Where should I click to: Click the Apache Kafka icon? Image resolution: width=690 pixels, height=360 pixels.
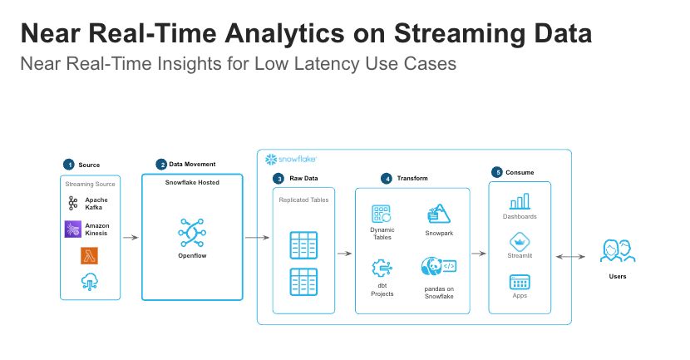(73, 204)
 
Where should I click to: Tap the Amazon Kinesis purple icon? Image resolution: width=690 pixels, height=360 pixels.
(73, 229)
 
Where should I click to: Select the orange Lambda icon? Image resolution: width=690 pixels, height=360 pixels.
(89, 255)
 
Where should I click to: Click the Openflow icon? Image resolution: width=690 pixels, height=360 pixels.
(192, 233)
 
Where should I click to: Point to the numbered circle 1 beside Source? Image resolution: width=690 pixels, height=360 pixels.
(69, 165)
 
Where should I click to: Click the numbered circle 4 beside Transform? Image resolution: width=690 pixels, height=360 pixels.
(387, 178)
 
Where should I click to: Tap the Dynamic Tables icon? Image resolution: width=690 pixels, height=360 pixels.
(382, 214)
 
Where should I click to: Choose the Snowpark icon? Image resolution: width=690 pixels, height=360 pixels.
(438, 214)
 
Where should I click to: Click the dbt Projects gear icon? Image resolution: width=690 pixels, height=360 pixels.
(382, 269)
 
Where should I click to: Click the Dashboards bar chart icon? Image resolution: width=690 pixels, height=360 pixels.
(520, 202)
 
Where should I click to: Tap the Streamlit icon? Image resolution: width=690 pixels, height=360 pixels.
(520, 242)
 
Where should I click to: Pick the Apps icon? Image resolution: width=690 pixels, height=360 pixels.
(520, 282)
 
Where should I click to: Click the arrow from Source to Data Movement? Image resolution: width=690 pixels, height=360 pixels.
(131, 238)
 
